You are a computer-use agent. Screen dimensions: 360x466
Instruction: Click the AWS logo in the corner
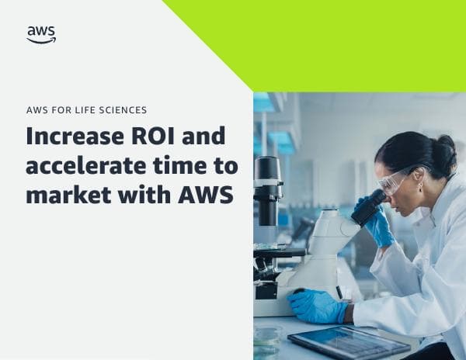coord(41,34)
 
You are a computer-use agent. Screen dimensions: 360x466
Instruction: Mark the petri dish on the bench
coord(268,335)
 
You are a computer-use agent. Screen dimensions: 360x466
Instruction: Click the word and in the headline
coord(204,137)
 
